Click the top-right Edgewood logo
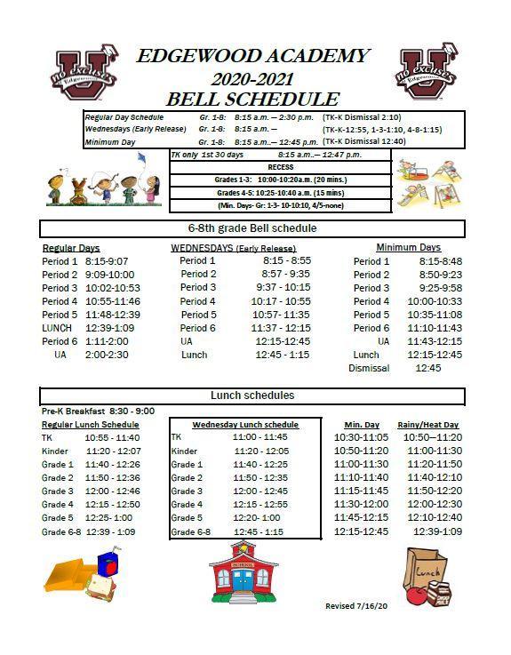click(x=428, y=71)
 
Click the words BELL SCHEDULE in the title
click(x=252, y=99)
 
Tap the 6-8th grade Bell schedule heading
click(x=252, y=228)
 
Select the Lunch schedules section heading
click(x=252, y=395)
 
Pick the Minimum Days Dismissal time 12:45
click(x=428, y=368)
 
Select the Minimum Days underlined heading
click(x=408, y=247)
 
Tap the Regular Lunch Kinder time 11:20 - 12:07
click(x=112, y=451)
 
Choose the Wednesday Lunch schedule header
click(x=245, y=425)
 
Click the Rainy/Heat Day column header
click(x=428, y=425)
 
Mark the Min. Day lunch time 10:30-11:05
click(x=361, y=438)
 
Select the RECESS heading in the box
click(x=280, y=166)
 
